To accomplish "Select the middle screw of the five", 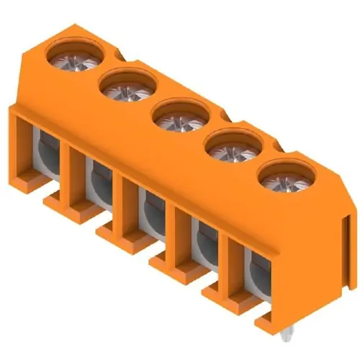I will pos(179,118).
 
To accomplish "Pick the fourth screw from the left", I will pos(232,149).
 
